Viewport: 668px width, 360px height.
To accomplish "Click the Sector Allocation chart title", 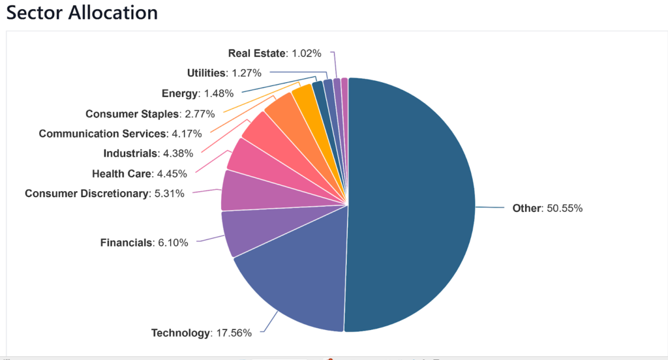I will (x=82, y=12).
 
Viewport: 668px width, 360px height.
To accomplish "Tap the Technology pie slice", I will (x=294, y=274).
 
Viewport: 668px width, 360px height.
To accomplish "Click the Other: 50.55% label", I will (x=547, y=209).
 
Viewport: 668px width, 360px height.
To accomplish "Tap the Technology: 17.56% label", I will (x=202, y=333).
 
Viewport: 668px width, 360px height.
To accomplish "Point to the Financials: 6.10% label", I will (x=144, y=243).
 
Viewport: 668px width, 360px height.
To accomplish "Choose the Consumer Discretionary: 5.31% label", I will (x=104, y=193).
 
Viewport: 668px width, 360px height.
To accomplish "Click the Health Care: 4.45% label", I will (x=140, y=173).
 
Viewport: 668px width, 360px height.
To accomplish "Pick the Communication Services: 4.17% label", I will (x=120, y=134).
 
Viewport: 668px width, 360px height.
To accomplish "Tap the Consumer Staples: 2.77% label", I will (x=141, y=114).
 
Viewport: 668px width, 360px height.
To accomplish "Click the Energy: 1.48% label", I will (x=198, y=93).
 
